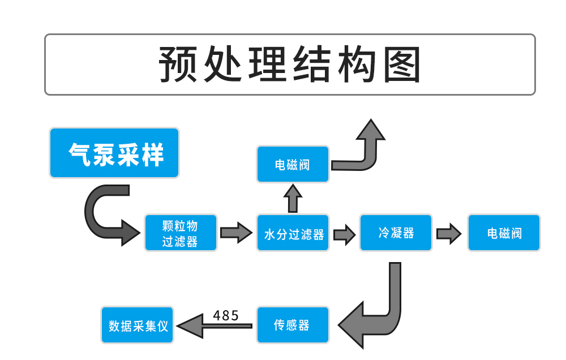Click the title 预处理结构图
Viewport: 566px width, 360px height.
tap(289, 65)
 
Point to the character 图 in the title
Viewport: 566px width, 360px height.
tap(401, 65)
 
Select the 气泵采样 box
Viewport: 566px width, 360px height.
tap(114, 153)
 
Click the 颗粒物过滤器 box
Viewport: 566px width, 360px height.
tap(181, 233)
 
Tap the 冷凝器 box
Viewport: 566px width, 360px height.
tap(396, 233)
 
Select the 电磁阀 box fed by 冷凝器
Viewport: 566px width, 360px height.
tap(504, 233)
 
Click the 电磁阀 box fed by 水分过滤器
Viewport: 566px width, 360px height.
tap(293, 165)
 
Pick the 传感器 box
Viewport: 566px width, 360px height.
tap(293, 325)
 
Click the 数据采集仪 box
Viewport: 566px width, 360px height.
tap(138, 325)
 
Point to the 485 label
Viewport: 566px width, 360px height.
tap(226, 315)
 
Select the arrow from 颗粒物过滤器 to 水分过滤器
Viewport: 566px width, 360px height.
tap(236, 233)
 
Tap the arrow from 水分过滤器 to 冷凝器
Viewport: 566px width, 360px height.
tap(344, 233)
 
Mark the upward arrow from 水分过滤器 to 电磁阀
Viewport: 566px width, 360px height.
tap(293, 198)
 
